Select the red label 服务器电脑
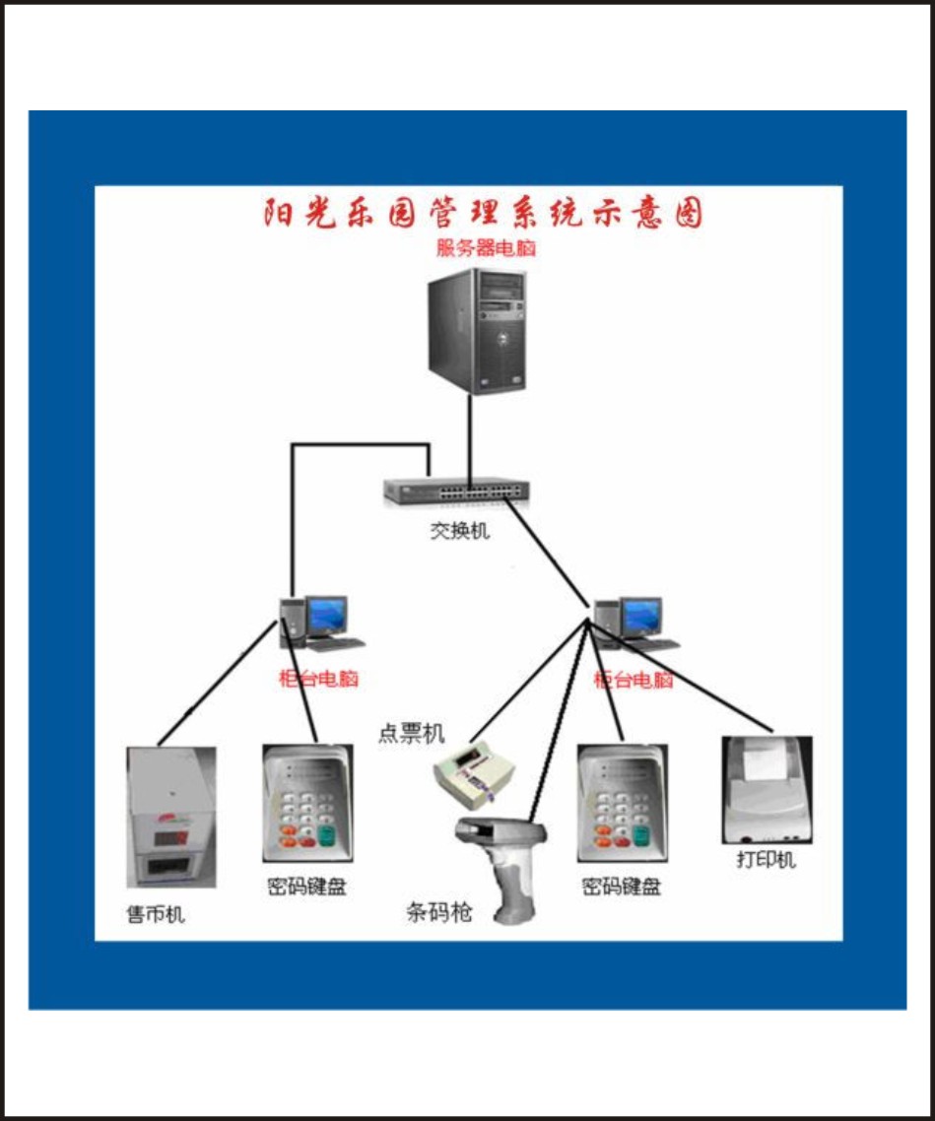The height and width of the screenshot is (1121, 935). pos(486,248)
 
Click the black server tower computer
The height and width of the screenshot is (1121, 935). pos(477,331)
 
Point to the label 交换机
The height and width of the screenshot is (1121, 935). pos(459,532)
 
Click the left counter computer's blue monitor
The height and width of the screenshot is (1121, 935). pos(325,615)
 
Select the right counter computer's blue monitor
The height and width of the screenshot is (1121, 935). pos(640,616)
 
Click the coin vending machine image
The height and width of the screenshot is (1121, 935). pos(171,817)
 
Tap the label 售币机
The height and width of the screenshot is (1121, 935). pos(156,915)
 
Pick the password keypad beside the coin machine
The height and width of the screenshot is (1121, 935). pos(307,804)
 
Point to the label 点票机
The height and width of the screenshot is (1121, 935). pos(411,734)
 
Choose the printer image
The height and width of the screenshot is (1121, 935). pos(767,789)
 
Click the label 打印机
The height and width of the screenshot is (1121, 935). pos(766,860)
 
